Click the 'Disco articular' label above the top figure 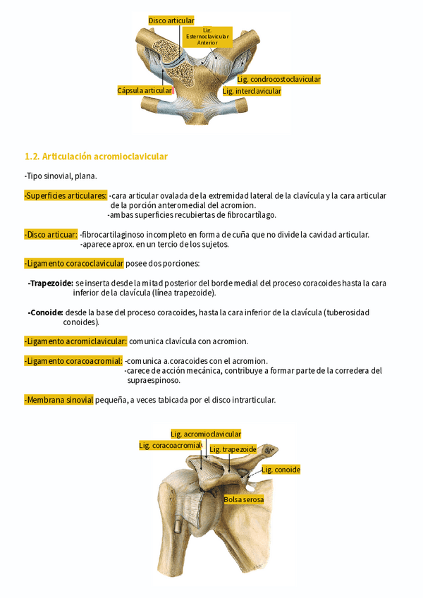[171, 20]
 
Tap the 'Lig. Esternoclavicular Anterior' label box [207, 37]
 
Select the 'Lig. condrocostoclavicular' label [278, 80]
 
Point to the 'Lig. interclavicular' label [252, 92]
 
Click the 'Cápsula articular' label [145, 91]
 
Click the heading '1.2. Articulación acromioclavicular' [96, 156]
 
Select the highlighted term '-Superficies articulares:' [66, 195]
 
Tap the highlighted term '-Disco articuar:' [51, 235]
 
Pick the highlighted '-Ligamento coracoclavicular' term [74, 264]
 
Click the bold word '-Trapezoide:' [50, 283]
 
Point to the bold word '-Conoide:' [46, 312]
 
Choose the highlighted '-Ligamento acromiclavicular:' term [75, 341]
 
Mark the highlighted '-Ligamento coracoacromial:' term [73, 361]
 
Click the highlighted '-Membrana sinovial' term [59, 400]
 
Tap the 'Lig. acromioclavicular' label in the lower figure [206, 434]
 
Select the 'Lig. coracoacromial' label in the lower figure [170, 446]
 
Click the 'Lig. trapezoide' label [233, 449]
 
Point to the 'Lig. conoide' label [281, 470]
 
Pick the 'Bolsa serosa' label [244, 499]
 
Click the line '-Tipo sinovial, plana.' [60, 176]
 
